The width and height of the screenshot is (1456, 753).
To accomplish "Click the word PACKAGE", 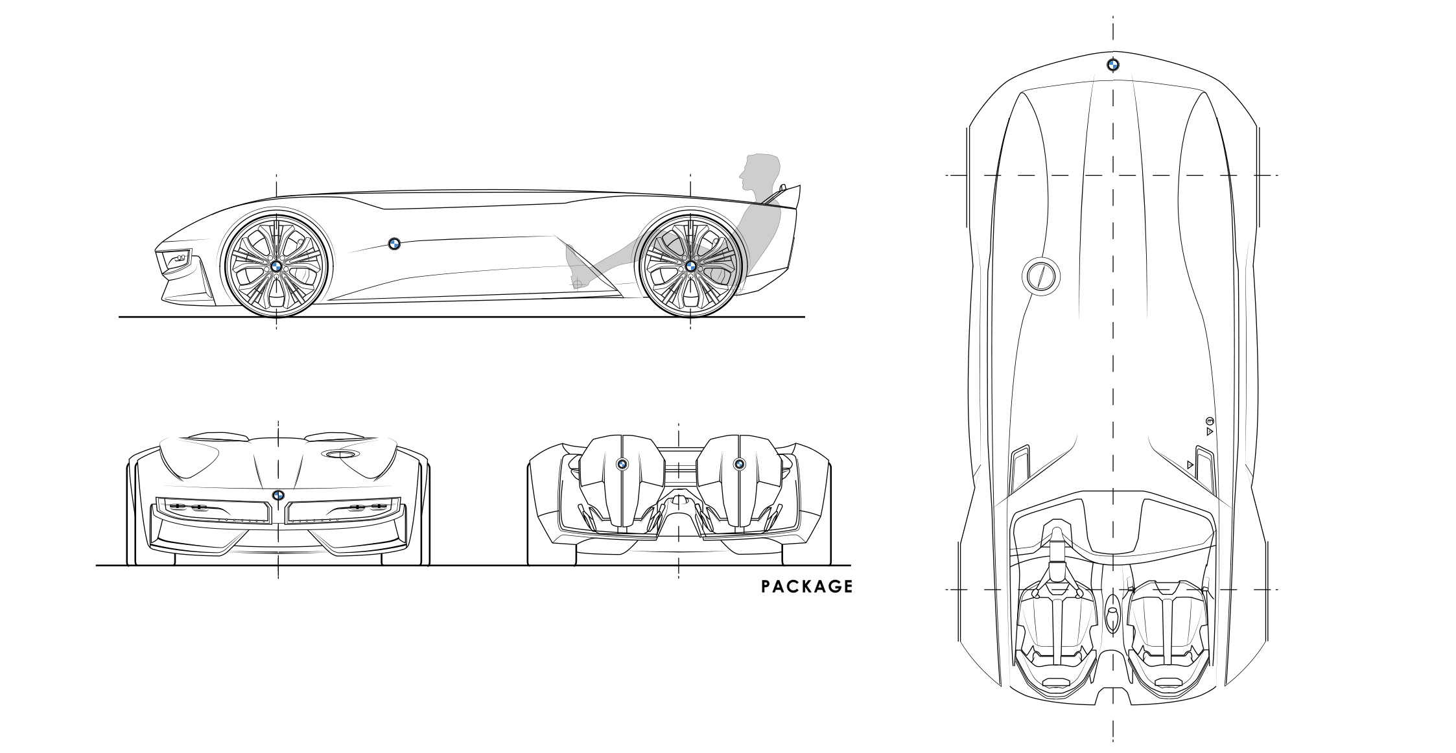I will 806,586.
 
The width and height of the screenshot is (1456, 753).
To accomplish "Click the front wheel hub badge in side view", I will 276,266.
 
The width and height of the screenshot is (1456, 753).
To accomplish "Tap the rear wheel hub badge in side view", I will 690,266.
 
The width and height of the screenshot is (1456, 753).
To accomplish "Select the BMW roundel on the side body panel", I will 393,244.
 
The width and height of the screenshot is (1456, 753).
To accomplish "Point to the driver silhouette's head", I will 755,170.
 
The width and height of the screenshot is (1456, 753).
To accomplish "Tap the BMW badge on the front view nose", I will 278,495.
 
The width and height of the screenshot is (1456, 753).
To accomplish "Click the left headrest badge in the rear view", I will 621,463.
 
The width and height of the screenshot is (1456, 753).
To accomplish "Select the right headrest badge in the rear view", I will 738,463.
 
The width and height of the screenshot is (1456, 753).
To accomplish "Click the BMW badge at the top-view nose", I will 1112,65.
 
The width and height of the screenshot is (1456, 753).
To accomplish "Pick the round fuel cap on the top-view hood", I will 1040,277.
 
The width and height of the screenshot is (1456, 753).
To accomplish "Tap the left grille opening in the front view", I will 213,510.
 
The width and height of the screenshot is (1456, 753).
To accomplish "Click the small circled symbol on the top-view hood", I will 1209,421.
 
